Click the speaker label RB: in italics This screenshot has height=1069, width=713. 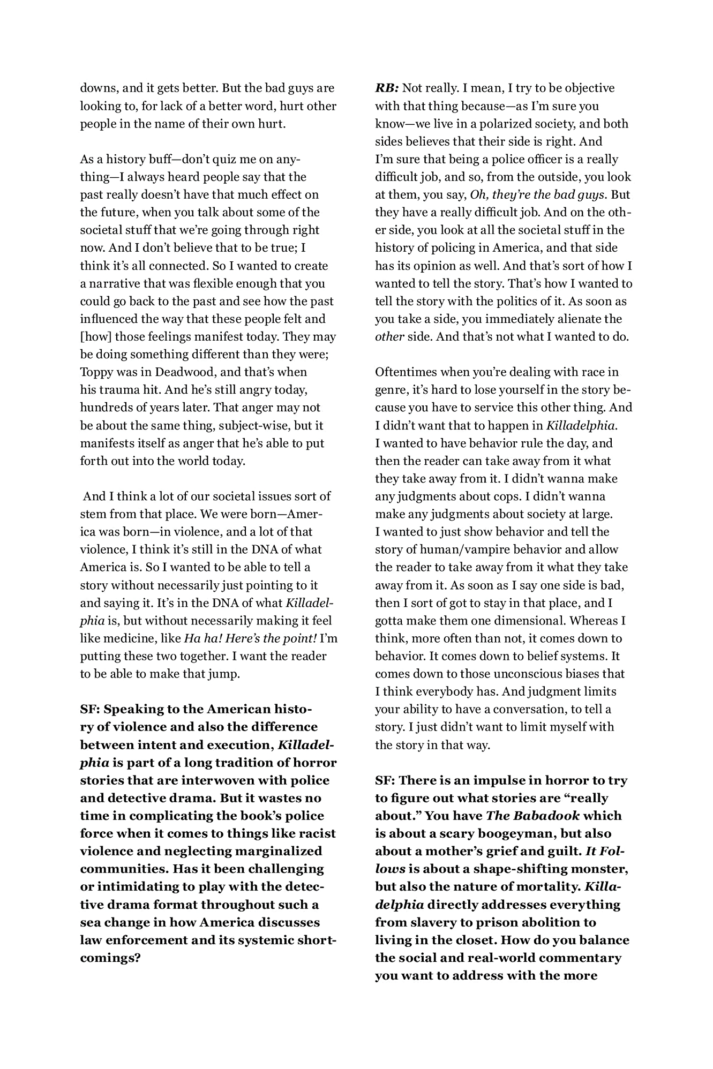(x=386, y=88)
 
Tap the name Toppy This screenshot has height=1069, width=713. (x=95, y=372)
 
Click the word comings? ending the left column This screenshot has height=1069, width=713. (x=110, y=958)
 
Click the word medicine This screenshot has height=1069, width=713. (x=126, y=638)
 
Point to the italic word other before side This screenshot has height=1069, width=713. (x=389, y=337)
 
